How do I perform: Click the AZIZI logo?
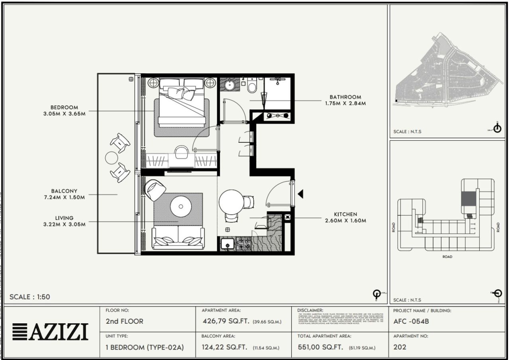tap(50, 332)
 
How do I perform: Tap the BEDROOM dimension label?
tap(64, 110)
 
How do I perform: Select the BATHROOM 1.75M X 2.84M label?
tap(345, 100)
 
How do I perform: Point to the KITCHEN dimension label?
tap(346, 217)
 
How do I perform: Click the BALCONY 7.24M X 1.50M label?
tap(64, 194)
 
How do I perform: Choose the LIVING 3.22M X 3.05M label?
tap(64, 221)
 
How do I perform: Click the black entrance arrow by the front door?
tap(301, 194)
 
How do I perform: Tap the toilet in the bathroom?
tap(252, 86)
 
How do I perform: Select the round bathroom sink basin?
tap(230, 85)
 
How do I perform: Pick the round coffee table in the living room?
tap(181, 207)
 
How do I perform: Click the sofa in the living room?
tap(178, 238)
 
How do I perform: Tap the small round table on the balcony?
tap(111, 158)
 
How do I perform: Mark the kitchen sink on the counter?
tap(228, 244)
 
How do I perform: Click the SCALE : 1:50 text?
tap(30, 297)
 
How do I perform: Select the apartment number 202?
tap(400, 347)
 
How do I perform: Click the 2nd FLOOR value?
tap(124, 321)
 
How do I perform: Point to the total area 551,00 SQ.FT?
tap(320, 347)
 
